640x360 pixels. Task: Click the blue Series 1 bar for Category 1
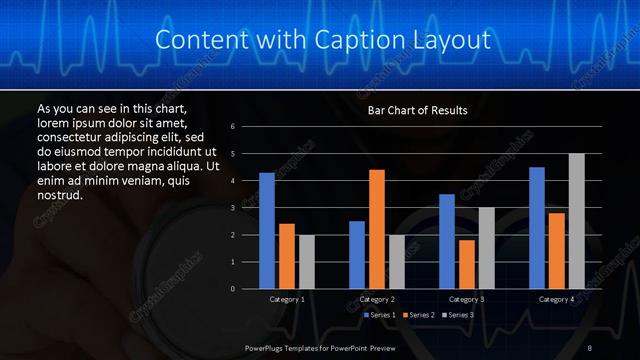click(x=267, y=231)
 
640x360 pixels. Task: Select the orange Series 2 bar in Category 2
click(x=376, y=229)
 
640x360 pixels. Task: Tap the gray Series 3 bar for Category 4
click(x=576, y=221)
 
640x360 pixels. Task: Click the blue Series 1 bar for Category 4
click(x=537, y=228)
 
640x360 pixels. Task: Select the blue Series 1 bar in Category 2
click(x=357, y=255)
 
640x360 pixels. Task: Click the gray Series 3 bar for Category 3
click(x=486, y=248)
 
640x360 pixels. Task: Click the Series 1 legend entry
click(x=379, y=315)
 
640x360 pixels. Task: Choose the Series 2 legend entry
click(x=418, y=315)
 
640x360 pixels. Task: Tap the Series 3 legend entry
click(x=457, y=315)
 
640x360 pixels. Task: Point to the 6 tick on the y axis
click(x=232, y=127)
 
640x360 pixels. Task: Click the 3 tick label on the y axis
click(x=232, y=208)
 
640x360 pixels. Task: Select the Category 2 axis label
click(x=376, y=299)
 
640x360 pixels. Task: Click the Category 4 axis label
click(x=556, y=299)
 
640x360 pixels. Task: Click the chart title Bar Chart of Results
click(x=417, y=110)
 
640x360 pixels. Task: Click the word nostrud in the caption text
click(x=59, y=194)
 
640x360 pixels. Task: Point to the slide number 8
click(x=590, y=347)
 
